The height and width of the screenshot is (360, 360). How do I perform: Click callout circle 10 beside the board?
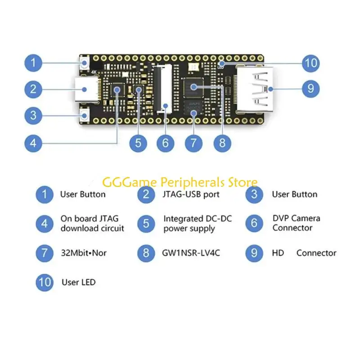click(x=311, y=63)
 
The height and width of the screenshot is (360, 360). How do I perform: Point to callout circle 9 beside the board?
click(x=310, y=89)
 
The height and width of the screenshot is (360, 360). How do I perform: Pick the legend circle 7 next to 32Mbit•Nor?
click(x=45, y=252)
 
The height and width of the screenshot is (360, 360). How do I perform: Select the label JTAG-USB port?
click(x=191, y=194)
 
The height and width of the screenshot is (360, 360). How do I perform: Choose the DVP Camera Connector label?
click(x=296, y=223)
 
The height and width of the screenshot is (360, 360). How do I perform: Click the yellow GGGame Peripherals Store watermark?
click(x=180, y=183)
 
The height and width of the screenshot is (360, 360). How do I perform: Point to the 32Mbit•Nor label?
click(x=83, y=253)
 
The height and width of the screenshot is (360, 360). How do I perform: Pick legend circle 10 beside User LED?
click(x=45, y=283)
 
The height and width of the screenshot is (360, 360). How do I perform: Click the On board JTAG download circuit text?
click(x=92, y=224)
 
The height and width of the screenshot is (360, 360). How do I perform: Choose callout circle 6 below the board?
click(x=165, y=143)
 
